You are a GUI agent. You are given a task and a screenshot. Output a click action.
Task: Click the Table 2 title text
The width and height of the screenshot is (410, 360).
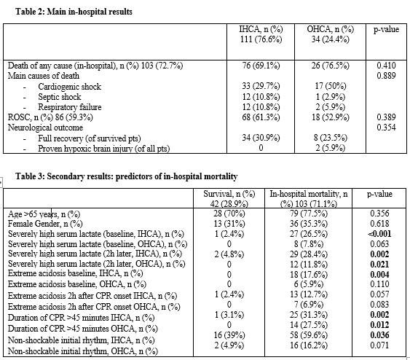tap(74, 12)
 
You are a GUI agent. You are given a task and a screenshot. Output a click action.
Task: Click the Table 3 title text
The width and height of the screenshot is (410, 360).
tap(127, 176)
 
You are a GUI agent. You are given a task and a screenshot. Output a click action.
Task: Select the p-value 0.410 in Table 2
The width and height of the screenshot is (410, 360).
tap(386, 66)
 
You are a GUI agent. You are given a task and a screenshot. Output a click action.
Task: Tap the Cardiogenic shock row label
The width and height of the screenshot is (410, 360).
tap(70, 86)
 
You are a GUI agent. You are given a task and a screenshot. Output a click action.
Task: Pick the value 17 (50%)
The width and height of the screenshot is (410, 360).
tap(331, 86)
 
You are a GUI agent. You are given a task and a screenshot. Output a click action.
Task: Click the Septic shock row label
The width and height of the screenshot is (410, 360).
tap(60, 97)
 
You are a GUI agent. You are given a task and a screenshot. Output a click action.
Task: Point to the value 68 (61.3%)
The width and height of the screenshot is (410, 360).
tap(261, 117)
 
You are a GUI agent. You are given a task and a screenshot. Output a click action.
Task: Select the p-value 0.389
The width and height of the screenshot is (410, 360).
tap(386, 117)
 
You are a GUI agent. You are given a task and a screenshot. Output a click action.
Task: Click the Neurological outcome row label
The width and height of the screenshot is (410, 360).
tap(45, 128)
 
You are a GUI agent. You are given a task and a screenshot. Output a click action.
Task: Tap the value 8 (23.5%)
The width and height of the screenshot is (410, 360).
tap(331, 138)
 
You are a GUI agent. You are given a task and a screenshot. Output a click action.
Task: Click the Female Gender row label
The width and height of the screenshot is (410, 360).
tap(45, 224)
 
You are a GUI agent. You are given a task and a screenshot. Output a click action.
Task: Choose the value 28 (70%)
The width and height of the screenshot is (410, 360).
tap(229, 214)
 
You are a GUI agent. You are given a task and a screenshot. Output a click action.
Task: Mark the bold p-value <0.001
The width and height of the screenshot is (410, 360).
tap(379, 234)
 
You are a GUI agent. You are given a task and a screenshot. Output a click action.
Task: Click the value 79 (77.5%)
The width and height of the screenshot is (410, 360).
tap(309, 214)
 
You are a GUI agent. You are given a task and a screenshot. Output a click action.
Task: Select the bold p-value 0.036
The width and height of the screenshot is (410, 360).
tap(379, 335)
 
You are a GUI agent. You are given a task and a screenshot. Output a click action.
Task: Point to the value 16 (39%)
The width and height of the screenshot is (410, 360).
tap(229, 335)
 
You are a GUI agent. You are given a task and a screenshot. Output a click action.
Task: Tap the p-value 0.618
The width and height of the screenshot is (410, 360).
tap(379, 224)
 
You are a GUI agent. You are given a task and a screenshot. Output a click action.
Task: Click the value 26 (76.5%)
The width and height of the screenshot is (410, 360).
tap(331, 66)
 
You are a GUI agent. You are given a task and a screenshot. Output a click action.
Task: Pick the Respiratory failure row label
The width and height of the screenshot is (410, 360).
tap(70, 107)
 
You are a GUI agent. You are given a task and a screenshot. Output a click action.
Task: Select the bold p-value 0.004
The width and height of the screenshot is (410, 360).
tap(379, 275)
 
